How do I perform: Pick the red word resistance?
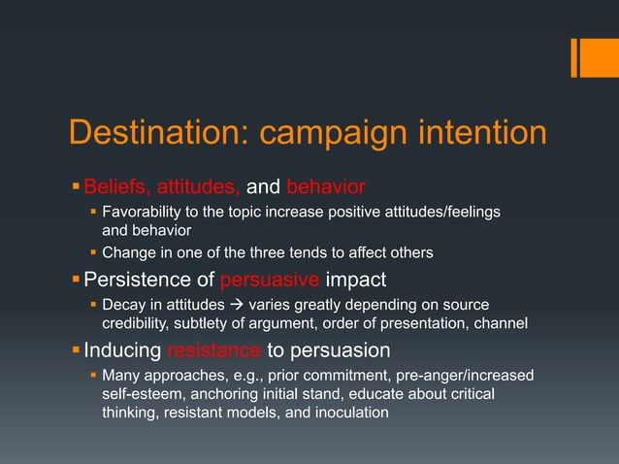pyautogui.click(x=213, y=349)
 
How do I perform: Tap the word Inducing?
pyautogui.click(x=123, y=349)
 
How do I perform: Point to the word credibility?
pyautogui.click(x=139, y=322)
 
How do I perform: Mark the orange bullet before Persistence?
pyautogui.click(x=76, y=281)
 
